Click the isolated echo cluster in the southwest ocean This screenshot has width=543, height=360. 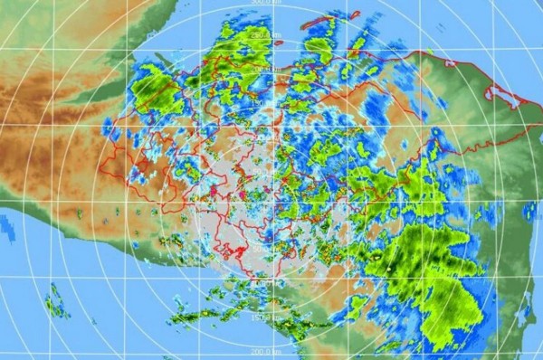57,300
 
